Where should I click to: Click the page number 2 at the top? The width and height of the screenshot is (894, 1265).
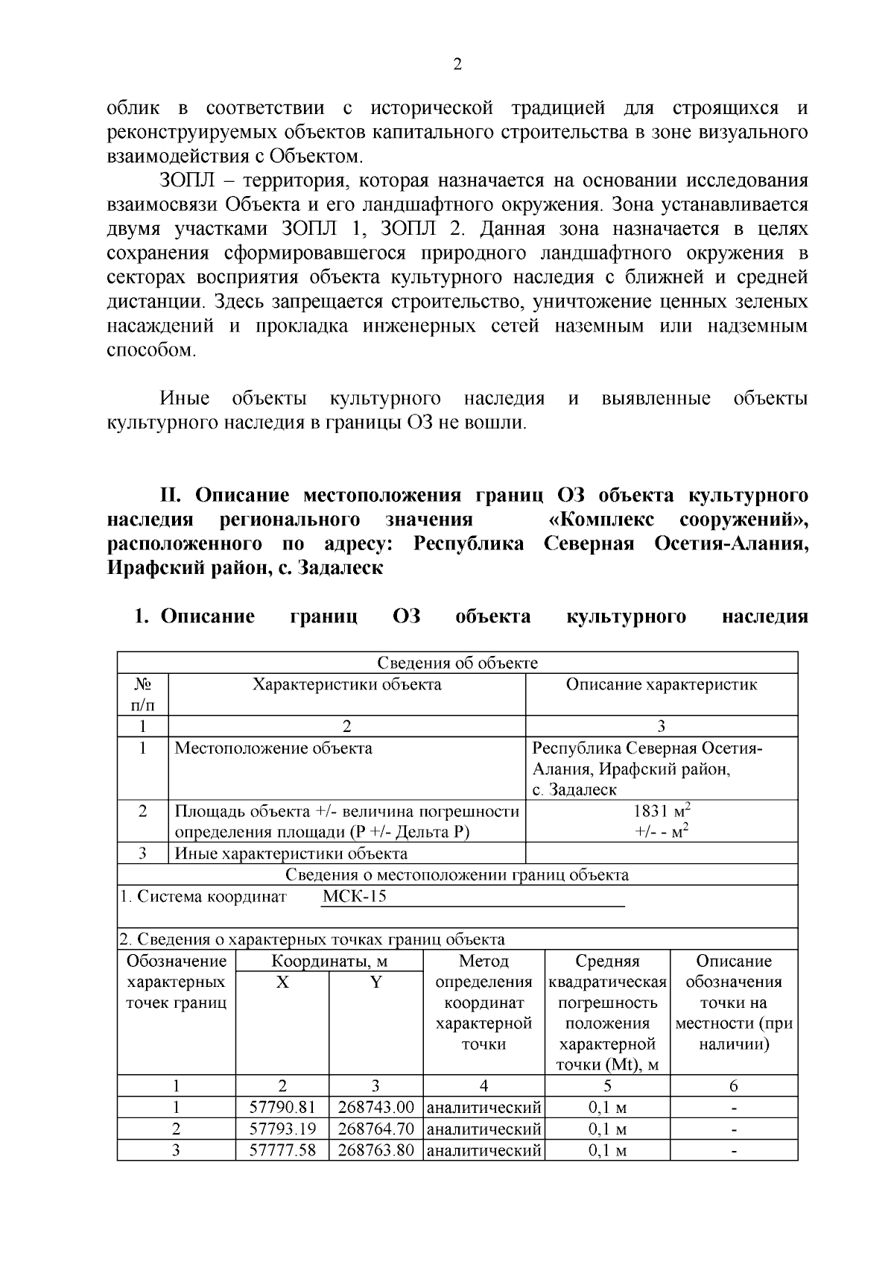pos(457,65)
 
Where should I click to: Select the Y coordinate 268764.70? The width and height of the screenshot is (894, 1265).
pos(375,1129)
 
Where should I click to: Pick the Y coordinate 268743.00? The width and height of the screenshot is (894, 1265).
pos(375,1107)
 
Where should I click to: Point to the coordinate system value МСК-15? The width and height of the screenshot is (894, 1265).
pos(354,896)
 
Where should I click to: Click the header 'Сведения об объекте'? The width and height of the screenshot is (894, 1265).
pos(457,663)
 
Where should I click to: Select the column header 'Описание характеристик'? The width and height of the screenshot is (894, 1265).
pos(661,684)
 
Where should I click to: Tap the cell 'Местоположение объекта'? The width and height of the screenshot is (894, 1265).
pos(273,748)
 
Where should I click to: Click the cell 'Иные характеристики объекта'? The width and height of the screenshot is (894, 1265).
pos(291,854)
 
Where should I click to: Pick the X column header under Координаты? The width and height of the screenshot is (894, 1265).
pos(282,982)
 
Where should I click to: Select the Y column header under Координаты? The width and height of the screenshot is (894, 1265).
pos(375,982)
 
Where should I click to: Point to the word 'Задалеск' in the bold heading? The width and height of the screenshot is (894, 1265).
pos(340,568)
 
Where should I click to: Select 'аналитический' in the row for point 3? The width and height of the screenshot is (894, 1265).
pos(484,1150)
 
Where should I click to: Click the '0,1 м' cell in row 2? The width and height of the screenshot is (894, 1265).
pos(607,1129)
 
